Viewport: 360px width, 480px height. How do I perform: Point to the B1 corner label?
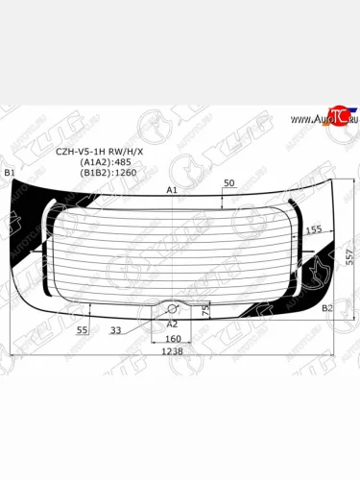[10, 172]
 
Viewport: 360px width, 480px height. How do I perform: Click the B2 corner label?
[327, 308]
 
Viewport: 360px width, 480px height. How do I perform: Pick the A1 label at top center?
[173, 191]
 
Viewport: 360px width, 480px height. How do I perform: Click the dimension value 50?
[228, 182]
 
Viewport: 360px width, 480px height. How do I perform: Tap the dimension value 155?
[313, 230]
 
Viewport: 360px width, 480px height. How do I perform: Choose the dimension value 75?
[205, 309]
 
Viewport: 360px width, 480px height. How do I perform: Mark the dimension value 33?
[115, 329]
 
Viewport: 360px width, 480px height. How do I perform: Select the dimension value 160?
[173, 339]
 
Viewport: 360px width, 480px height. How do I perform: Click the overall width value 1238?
[173, 352]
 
